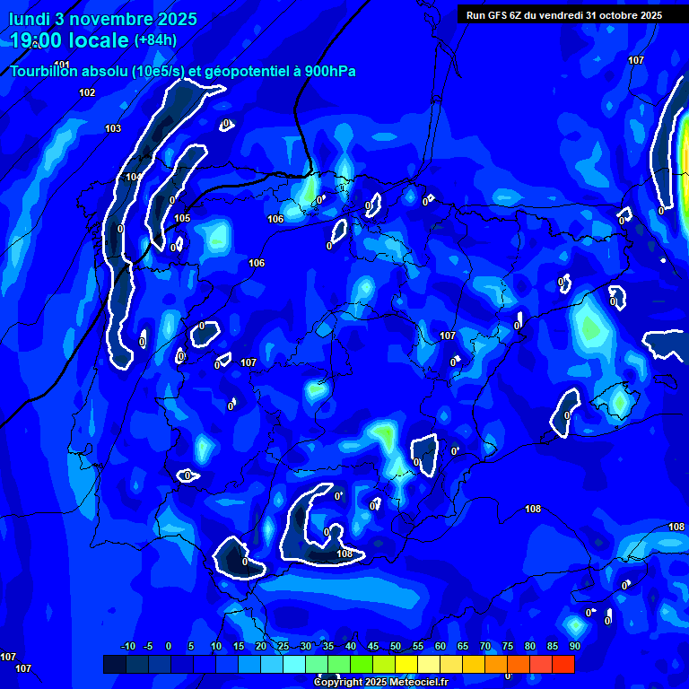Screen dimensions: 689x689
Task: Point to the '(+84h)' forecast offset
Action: click(x=155, y=39)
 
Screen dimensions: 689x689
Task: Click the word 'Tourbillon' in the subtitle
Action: click(x=44, y=71)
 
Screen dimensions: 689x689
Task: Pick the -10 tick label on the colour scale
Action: click(x=127, y=647)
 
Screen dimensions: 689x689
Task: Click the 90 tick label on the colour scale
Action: click(x=574, y=647)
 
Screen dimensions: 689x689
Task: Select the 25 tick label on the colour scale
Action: click(x=283, y=647)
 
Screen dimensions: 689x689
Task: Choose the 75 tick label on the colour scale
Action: click(x=507, y=647)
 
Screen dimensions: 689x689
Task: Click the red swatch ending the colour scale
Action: click(x=563, y=664)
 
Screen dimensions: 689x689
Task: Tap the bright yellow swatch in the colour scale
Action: click(x=406, y=664)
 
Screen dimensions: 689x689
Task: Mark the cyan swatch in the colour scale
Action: click(x=293, y=664)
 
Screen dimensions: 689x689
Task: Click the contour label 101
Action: click(x=62, y=65)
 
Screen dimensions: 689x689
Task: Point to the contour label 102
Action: click(x=87, y=92)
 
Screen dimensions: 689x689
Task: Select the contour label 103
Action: click(x=113, y=128)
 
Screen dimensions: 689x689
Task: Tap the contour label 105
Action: click(x=182, y=218)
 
